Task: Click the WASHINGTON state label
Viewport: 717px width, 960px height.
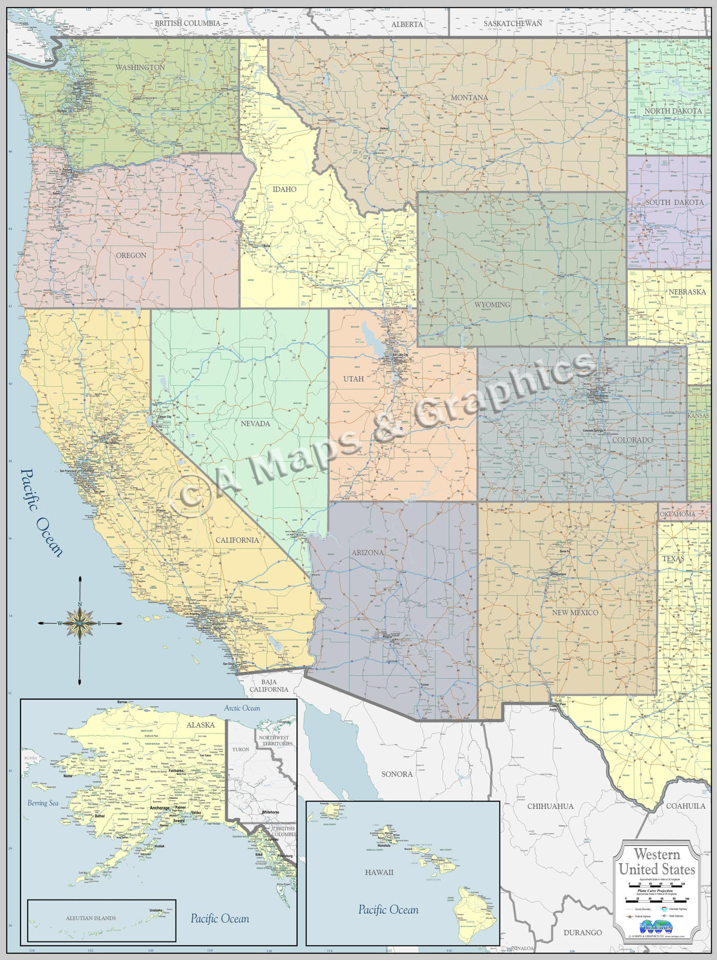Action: [x=140, y=68]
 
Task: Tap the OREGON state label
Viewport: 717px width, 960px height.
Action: [x=131, y=255]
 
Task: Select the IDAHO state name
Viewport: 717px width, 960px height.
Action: [x=284, y=189]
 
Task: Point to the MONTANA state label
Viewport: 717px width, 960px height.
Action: [x=469, y=97]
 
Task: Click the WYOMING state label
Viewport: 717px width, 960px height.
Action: [x=492, y=304]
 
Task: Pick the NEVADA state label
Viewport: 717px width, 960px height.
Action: [x=255, y=424]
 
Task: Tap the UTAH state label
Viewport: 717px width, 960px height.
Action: [x=353, y=379]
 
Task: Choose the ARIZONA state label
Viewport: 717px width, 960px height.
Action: [x=367, y=553]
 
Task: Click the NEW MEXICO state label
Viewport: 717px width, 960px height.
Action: [x=575, y=613]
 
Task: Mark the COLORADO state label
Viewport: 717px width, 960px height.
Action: [x=632, y=440]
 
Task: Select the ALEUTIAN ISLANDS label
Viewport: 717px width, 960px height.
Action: [x=91, y=919]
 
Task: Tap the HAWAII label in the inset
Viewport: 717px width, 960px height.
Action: [x=379, y=872]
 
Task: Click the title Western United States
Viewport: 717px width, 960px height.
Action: [x=657, y=862]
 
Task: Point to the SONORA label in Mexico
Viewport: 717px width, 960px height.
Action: [x=397, y=774]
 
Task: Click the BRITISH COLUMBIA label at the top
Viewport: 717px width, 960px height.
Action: [x=187, y=23]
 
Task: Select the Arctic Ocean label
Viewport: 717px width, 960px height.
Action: [x=242, y=708]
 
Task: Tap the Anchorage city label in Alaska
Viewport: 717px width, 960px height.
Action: [x=159, y=808]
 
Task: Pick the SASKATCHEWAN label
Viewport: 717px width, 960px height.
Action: [x=513, y=24]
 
